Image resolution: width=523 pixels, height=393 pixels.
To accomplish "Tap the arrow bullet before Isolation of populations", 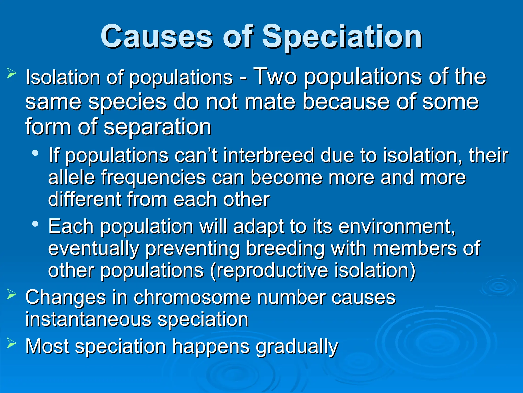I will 11,73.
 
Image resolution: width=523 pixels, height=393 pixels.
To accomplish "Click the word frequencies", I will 153,178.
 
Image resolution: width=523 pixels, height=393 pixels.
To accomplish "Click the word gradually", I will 297,347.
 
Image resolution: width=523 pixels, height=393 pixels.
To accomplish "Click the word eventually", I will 93,249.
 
